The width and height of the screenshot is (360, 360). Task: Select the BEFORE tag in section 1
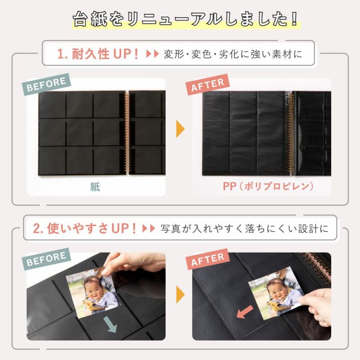point(47,84)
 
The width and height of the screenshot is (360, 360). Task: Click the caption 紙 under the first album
point(95,187)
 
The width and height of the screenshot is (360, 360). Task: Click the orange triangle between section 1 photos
point(180,129)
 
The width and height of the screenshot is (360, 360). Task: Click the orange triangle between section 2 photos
point(180,296)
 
